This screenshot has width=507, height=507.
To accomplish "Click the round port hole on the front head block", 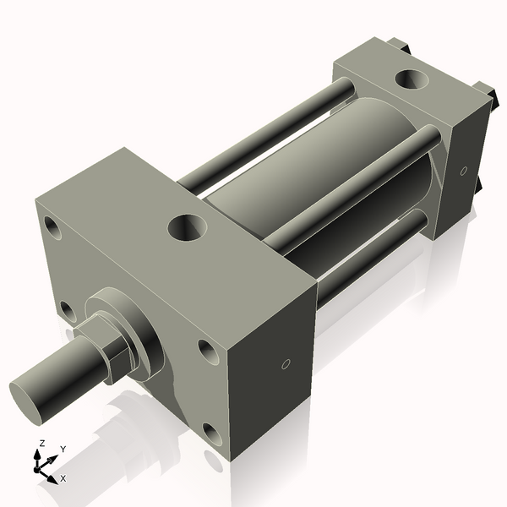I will pos(186,226).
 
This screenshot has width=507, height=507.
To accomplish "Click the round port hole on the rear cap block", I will pos(412,81).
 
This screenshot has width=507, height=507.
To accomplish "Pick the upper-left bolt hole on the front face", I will pos(53,228).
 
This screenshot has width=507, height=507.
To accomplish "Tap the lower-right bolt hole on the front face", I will pos(213,435).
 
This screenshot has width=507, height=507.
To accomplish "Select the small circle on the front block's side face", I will pos(285,365).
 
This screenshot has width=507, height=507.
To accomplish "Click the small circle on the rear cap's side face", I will pos(463,172).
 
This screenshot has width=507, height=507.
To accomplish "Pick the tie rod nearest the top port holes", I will pos(355,186).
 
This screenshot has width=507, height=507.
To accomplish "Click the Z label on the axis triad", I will pos(41,443).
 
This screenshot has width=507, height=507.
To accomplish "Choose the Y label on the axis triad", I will pos(63,449).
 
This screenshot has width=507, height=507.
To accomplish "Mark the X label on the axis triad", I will pos(63,478).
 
